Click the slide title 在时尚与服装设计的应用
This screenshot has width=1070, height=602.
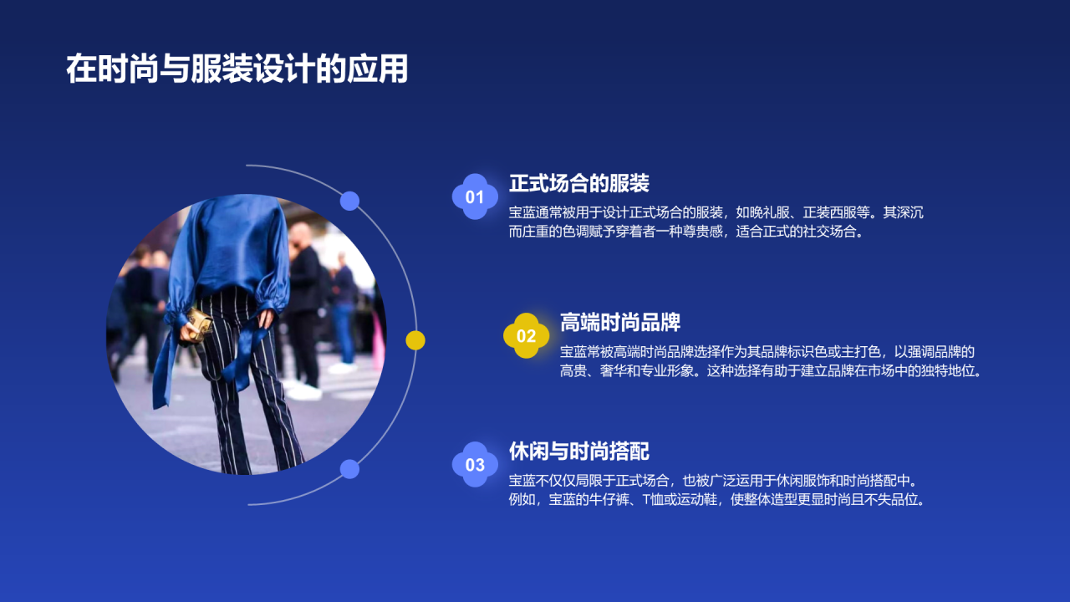pos(237,70)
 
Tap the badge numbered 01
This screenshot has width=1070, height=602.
pos(475,197)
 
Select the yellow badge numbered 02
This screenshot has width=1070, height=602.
pos(526,336)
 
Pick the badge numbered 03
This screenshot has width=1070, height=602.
pos(475,465)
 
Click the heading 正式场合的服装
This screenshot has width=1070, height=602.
pos(578,183)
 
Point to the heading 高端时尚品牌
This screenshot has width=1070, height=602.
pos(619,322)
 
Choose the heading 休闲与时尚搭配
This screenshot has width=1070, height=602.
pos(578,451)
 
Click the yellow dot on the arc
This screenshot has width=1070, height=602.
pos(415,340)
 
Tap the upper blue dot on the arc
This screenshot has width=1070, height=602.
pos(349,201)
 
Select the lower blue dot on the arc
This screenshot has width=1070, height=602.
pos(349,469)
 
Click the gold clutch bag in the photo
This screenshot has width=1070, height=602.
pos(198,322)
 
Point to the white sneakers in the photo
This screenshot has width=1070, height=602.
pos(303,389)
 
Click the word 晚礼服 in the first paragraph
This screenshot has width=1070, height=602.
pos(776,213)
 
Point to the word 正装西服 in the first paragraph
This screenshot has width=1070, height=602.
pos(836,213)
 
